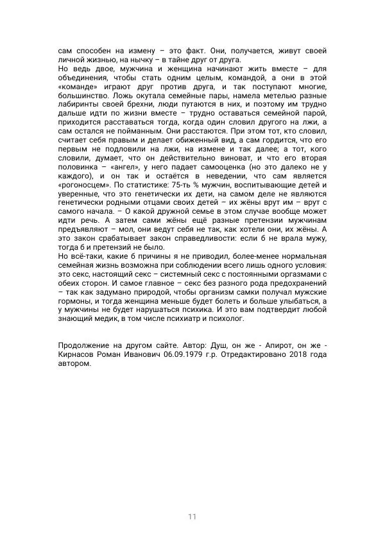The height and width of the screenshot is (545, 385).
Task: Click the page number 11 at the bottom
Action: pyautogui.click(x=193, y=517)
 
